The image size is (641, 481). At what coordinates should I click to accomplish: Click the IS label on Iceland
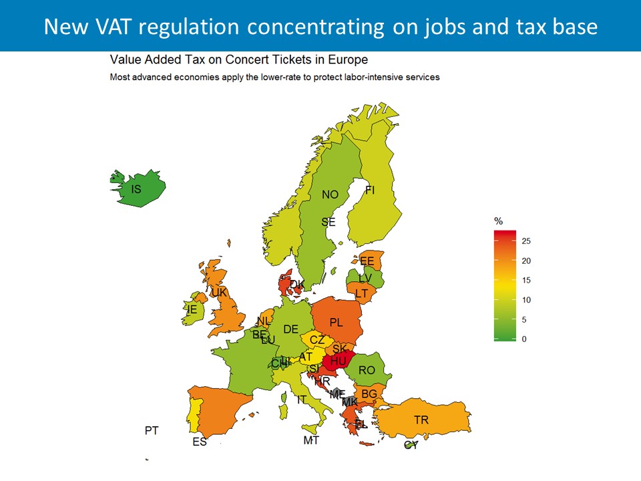136,190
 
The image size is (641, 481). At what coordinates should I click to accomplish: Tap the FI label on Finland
370,190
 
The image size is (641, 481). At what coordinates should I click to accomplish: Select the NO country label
330,195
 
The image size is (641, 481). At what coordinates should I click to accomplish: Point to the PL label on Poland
336,323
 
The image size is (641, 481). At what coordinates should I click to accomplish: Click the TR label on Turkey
421,420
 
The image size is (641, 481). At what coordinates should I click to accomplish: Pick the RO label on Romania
367,370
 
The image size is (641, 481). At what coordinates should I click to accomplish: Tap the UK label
220,293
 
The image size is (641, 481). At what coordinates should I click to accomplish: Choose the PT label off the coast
152,431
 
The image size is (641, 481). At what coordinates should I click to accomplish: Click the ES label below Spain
200,442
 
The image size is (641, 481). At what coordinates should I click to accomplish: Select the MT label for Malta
311,440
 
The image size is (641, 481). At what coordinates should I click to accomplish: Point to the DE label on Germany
290,329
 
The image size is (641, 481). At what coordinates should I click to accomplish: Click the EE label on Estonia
367,261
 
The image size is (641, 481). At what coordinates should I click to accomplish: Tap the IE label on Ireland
192,309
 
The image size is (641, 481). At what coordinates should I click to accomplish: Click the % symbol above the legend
497,221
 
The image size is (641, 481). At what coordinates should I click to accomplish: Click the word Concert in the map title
250,59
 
